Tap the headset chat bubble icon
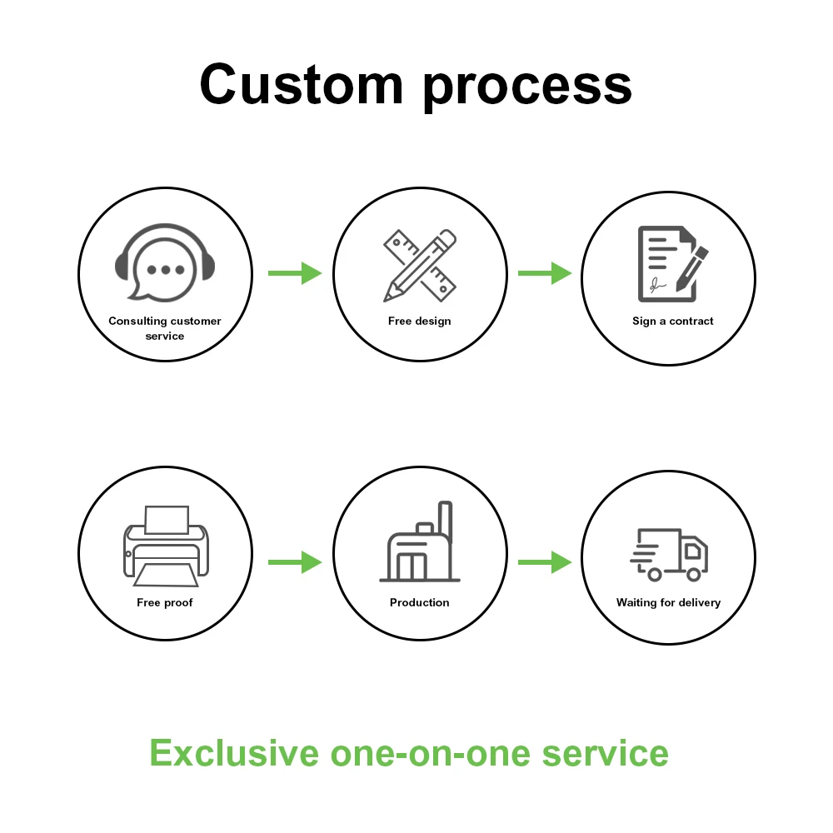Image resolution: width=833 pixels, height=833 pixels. tap(164, 262)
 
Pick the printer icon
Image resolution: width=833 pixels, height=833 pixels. tap(166, 542)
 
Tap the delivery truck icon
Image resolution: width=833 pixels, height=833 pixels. tap(669, 554)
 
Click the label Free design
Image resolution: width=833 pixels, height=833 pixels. tap(419, 321)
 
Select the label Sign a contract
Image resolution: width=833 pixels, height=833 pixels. tap(672, 321)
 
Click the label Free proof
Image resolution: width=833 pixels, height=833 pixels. tap(165, 602)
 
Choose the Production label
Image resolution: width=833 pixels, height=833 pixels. tap(419, 602)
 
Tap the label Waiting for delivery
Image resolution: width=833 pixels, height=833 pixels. tap(668, 602)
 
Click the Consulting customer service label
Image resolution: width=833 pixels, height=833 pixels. tap(165, 328)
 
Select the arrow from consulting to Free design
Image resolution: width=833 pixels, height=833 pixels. tap(294, 272)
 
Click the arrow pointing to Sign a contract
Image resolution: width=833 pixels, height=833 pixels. tap(544, 272)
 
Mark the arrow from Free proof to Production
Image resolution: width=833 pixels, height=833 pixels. tap(294, 562)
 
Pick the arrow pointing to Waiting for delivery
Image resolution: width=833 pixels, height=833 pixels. tap(544, 562)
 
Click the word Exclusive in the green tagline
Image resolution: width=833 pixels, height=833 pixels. tap(234, 753)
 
